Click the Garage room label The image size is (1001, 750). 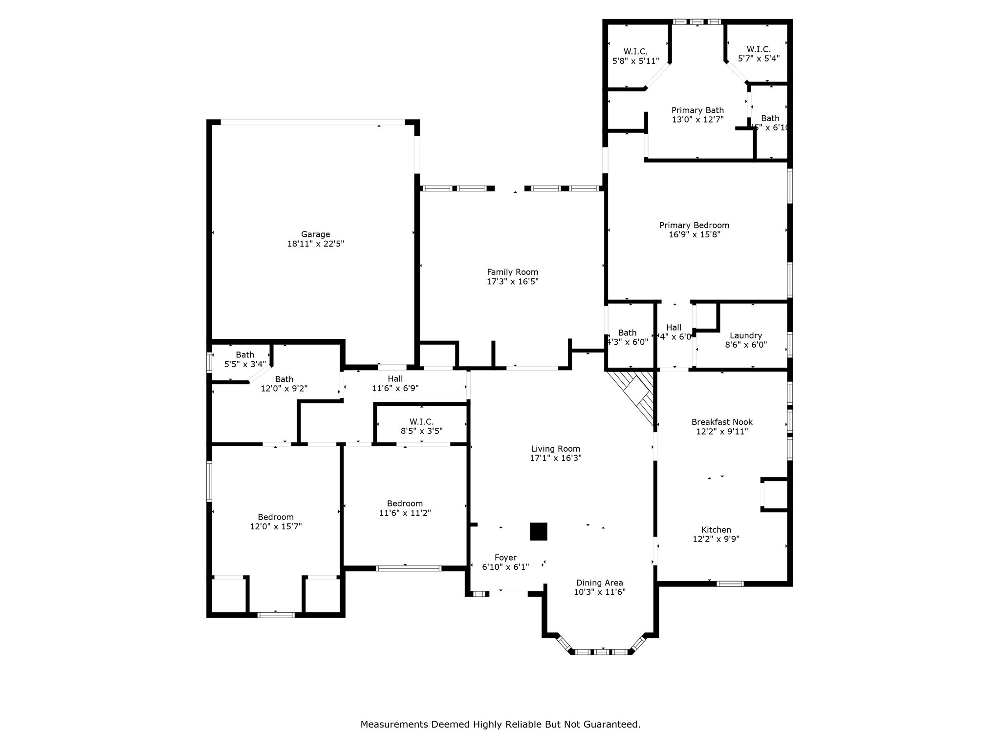tap(315, 234)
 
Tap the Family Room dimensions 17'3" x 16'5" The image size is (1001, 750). tap(512, 282)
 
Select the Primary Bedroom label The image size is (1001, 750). tap(694, 225)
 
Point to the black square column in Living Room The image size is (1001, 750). tap(538, 531)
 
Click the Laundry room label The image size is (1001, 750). tap(745, 335)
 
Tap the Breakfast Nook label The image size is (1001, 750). tap(722, 422)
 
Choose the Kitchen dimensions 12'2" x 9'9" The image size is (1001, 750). tap(716, 539)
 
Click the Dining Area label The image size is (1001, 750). tap(599, 583)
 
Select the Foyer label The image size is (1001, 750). tap(505, 558)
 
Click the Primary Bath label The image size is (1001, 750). tap(697, 110)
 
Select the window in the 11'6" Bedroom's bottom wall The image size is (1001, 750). tap(409, 568)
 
